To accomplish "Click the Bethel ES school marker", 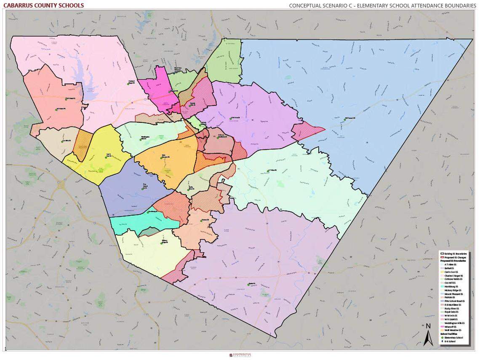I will tap(249, 284).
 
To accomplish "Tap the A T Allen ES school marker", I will tap(268, 171).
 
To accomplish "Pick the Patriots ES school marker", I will tap(201, 221).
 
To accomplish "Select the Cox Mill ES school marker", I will tap(62, 141).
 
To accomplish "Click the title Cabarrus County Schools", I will tap(44, 5).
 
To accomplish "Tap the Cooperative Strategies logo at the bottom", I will tap(240, 355).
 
